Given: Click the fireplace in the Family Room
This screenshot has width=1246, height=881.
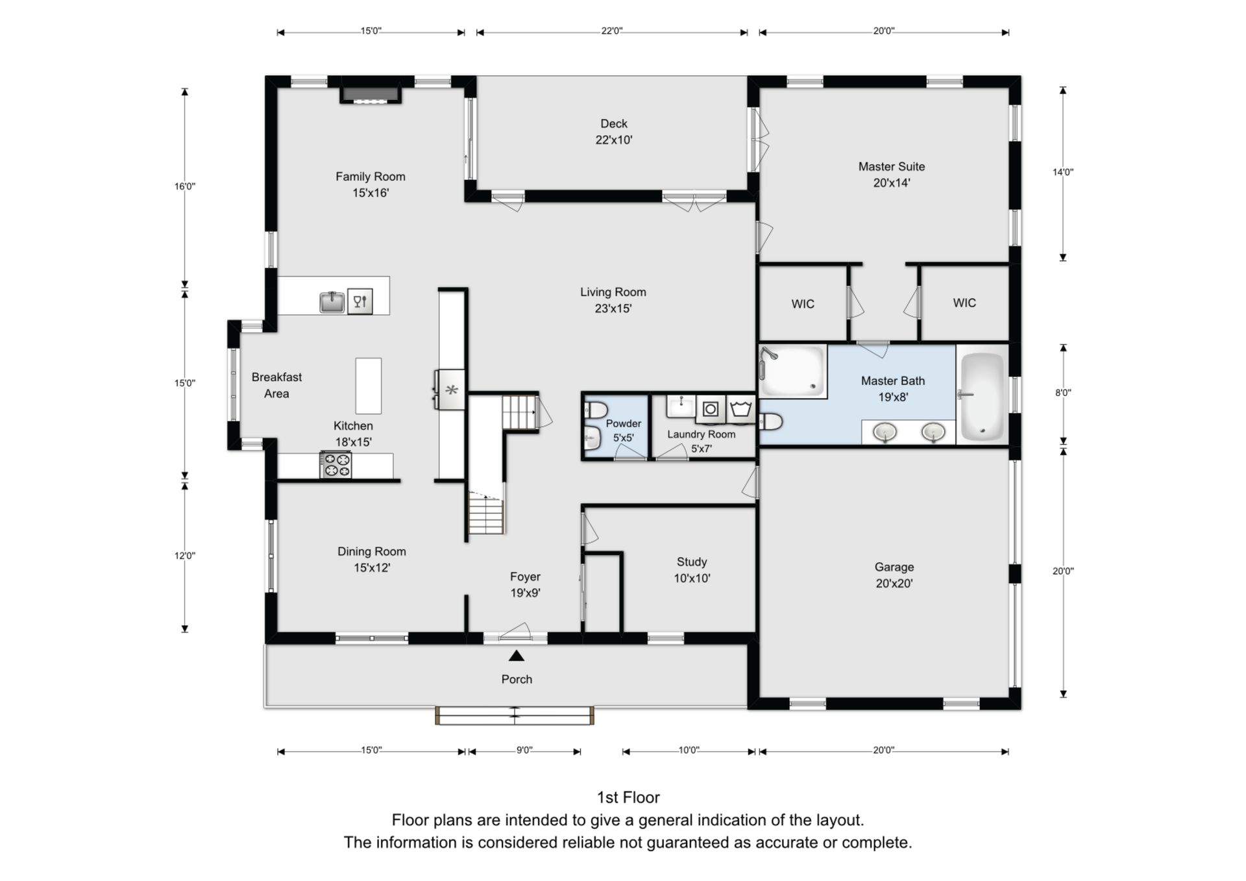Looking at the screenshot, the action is click(x=371, y=94).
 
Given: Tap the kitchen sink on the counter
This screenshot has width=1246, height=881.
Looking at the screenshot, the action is click(x=332, y=302).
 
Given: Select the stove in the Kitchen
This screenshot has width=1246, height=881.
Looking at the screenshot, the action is click(x=336, y=465).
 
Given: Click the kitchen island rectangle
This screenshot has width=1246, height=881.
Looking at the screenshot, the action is click(x=368, y=386).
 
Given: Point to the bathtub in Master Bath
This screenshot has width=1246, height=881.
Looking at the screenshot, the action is click(x=982, y=395).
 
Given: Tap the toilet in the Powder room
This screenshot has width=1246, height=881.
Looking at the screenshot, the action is click(x=595, y=410).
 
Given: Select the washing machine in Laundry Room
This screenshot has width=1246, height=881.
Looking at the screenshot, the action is click(x=711, y=409).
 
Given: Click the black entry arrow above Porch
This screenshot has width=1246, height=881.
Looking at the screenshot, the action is click(x=517, y=656).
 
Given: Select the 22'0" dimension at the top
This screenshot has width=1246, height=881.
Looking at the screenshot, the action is click(x=611, y=31).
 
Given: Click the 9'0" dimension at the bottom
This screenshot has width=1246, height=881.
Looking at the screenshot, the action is click(x=524, y=750).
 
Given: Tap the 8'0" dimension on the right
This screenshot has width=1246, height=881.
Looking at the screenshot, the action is click(x=1063, y=392).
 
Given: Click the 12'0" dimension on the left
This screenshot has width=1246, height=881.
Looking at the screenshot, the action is click(x=184, y=555).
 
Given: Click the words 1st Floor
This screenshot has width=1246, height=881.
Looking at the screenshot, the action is click(x=628, y=797).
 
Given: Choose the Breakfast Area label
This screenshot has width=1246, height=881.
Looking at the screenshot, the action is click(x=276, y=385).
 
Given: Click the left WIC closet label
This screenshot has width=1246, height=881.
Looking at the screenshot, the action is click(x=803, y=304).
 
